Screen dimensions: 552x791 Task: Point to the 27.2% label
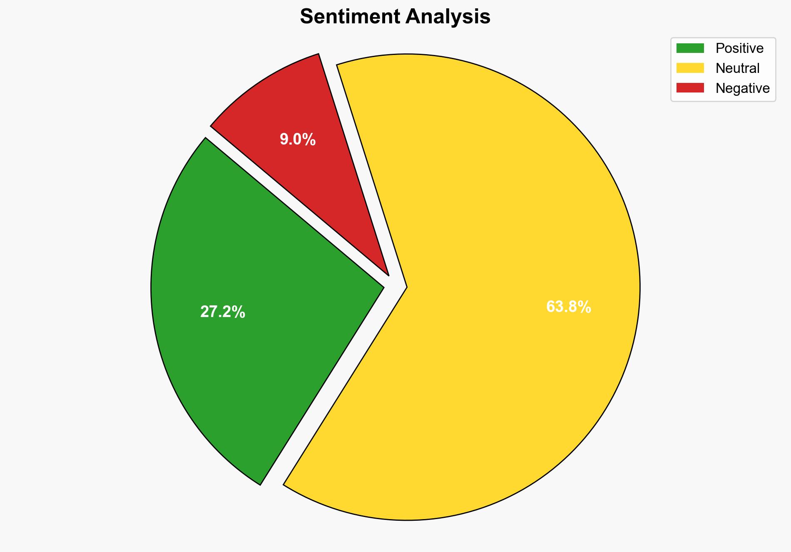(x=223, y=312)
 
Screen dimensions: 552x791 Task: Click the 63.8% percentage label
(x=568, y=307)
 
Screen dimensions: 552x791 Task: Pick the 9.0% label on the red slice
(x=298, y=140)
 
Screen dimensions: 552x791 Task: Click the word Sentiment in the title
(x=349, y=17)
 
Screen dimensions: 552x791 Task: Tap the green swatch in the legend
(x=690, y=48)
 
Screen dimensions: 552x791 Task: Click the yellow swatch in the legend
(x=690, y=68)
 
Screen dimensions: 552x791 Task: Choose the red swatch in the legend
(x=690, y=88)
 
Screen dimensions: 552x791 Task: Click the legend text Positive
(x=739, y=48)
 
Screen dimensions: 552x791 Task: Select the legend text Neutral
(x=737, y=68)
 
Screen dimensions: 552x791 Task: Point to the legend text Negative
(x=742, y=88)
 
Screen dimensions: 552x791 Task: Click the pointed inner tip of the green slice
(x=383, y=287)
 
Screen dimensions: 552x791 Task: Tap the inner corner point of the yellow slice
(x=406, y=287)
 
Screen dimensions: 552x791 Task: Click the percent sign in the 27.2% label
(x=239, y=312)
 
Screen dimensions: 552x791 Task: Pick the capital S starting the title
(x=306, y=17)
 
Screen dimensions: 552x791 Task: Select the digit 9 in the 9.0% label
(x=284, y=140)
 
